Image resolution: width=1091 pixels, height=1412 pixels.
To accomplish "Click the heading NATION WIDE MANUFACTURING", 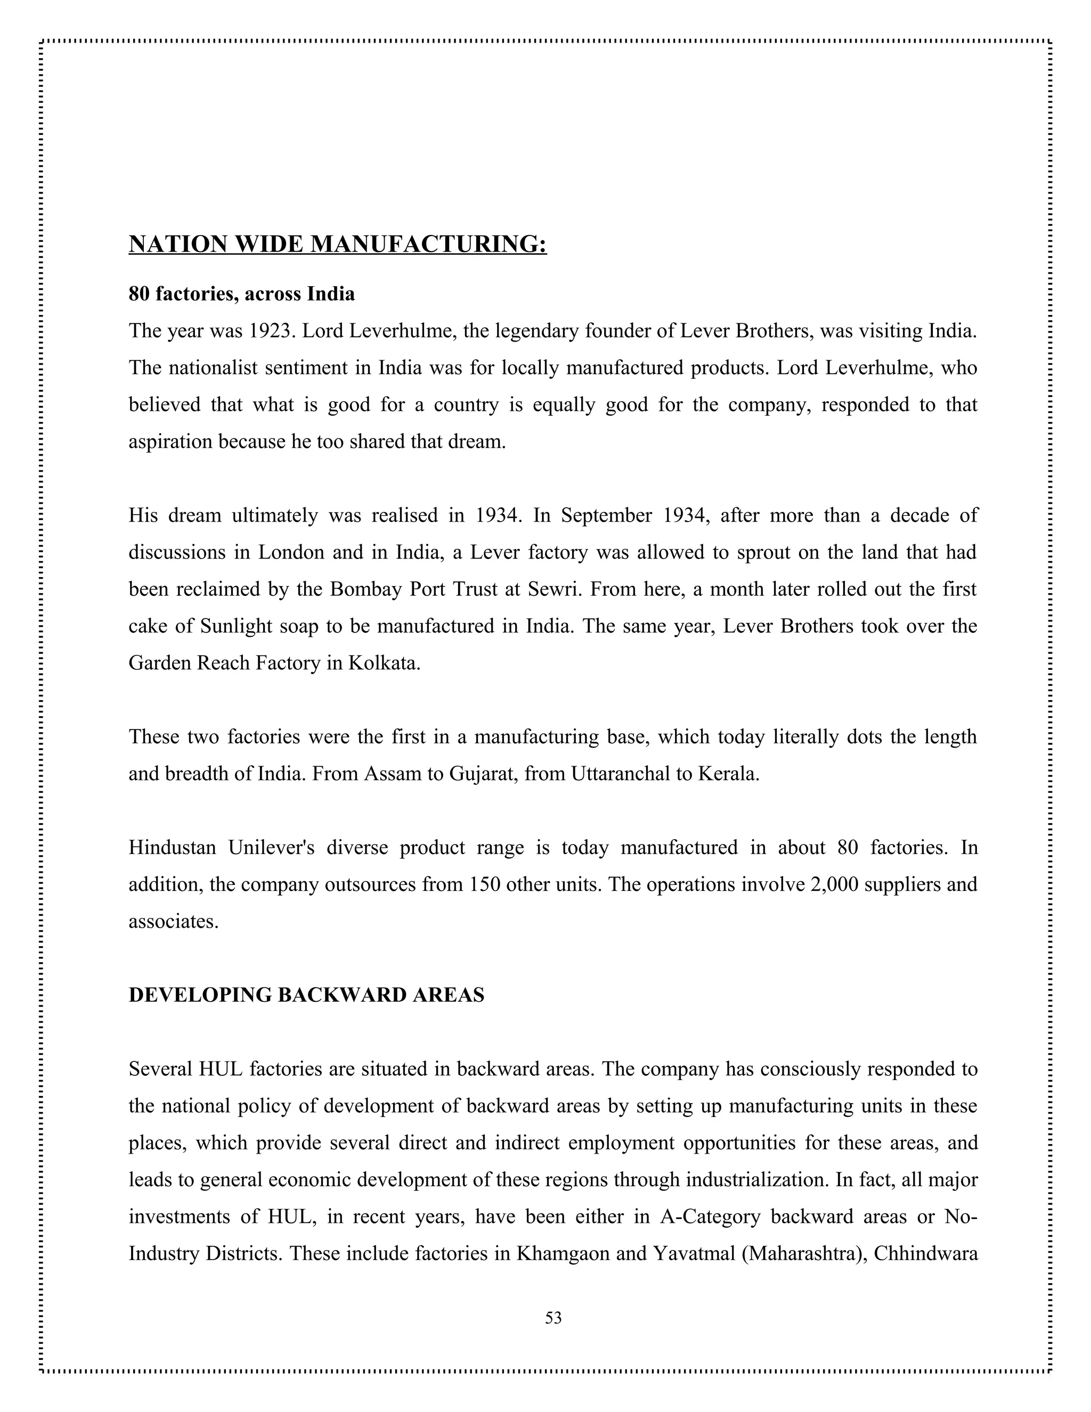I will (337, 245).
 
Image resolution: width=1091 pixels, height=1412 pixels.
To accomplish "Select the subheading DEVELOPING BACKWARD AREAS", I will (306, 995).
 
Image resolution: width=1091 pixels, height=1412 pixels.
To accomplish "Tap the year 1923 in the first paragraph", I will (271, 331).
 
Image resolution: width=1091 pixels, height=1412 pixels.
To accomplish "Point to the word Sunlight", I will (237, 627).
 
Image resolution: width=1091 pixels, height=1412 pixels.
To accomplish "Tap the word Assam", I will (392, 774).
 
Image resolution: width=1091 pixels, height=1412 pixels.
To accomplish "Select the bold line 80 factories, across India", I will (242, 294).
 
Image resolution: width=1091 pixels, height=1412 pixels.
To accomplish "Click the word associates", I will (173, 921).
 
